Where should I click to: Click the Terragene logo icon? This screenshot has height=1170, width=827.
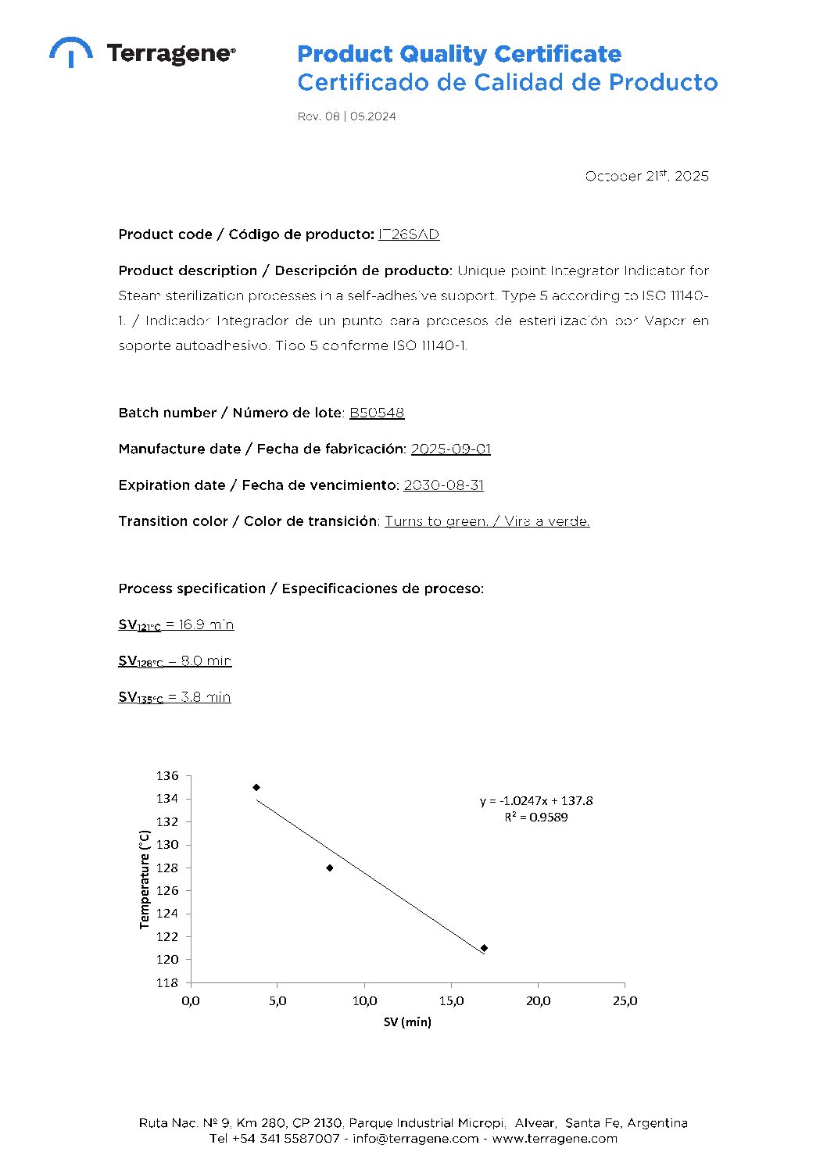click(x=70, y=52)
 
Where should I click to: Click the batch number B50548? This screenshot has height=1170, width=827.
click(x=377, y=413)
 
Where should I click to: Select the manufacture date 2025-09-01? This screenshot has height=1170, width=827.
click(x=451, y=449)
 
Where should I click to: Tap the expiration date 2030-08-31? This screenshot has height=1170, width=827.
click(x=443, y=485)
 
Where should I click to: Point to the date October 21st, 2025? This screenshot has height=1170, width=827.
click(x=646, y=176)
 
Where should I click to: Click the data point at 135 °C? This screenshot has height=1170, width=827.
click(x=256, y=787)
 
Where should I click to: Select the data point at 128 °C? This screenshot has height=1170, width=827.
click(x=330, y=868)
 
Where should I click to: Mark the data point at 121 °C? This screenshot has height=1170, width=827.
click(x=484, y=948)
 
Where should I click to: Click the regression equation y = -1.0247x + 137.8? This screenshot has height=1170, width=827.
click(x=536, y=801)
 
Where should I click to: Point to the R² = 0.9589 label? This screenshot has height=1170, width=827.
click(x=536, y=818)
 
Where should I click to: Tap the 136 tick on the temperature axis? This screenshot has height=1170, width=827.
click(x=167, y=776)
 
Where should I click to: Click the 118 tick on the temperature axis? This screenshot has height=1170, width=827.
click(x=167, y=982)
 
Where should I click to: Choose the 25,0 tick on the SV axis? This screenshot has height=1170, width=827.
click(x=625, y=1001)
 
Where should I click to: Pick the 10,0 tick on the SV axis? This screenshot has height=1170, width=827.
click(x=364, y=1001)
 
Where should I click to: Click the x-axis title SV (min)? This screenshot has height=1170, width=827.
click(x=407, y=1022)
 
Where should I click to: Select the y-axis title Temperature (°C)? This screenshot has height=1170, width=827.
click(x=144, y=879)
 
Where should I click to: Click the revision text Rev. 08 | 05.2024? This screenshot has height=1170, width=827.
click(x=346, y=116)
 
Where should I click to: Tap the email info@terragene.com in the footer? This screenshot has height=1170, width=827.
click(x=415, y=1139)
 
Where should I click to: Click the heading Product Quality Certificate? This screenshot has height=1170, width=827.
click(x=459, y=54)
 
